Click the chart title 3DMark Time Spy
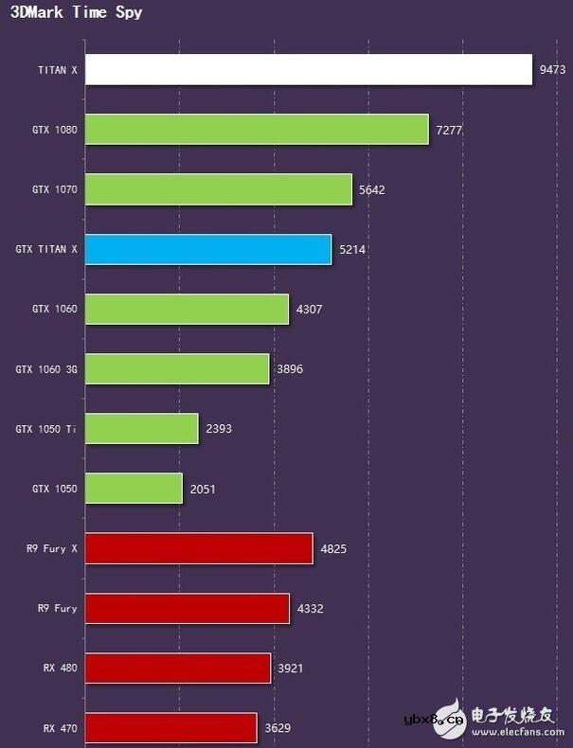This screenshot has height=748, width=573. tap(77, 13)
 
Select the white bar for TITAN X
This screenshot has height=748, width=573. tap(308, 69)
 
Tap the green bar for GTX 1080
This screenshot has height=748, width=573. tap(256, 129)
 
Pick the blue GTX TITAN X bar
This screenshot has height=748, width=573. tap(207, 249)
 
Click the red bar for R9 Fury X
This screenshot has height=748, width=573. tap(198, 548)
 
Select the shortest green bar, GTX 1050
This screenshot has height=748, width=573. tap(133, 489)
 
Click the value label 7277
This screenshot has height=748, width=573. tap(449, 130)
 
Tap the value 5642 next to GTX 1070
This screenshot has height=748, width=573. tap(371, 189)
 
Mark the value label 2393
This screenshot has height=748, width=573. tap(218, 429)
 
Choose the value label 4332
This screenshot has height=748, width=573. tap(310, 609)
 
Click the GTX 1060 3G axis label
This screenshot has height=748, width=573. tap(46, 369)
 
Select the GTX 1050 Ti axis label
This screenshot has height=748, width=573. tap(46, 429)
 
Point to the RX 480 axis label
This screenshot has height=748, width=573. tap(60, 668)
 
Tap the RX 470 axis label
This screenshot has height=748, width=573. tap(60, 728)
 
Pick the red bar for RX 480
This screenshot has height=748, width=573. tap(177, 668)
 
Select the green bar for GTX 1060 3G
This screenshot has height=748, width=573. tap(176, 369)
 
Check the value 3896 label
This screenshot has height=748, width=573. tap(290, 369)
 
